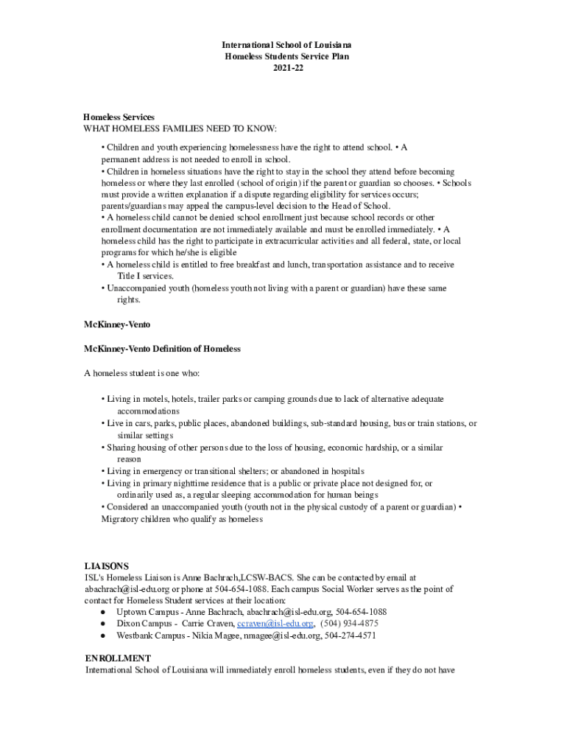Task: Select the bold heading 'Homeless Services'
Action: [119, 117]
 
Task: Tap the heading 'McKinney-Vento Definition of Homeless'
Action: [162, 348]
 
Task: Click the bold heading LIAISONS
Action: [107, 566]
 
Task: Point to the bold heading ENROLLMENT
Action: [118, 658]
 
